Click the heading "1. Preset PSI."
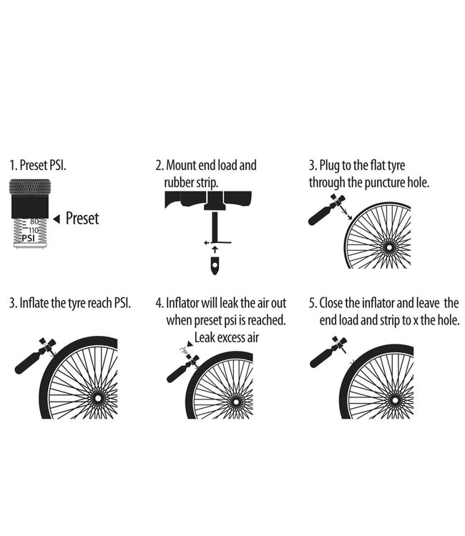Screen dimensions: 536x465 click(45, 166)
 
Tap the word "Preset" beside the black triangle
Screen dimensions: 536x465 click(82, 219)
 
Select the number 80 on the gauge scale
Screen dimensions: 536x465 click(34, 222)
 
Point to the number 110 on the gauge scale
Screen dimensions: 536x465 click(33, 230)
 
